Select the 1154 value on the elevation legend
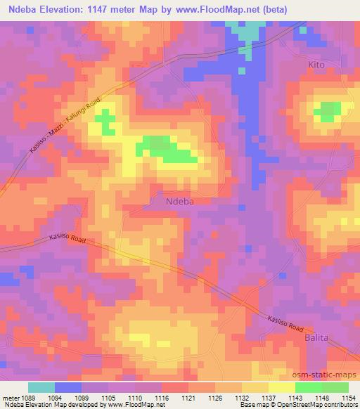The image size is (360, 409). [x=349, y=397]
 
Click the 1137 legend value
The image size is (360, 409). [x=269, y=397]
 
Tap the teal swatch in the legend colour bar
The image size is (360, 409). [x=41, y=387]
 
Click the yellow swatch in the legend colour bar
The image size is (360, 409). [x=282, y=387]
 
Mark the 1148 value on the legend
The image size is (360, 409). [x=309, y=397]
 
